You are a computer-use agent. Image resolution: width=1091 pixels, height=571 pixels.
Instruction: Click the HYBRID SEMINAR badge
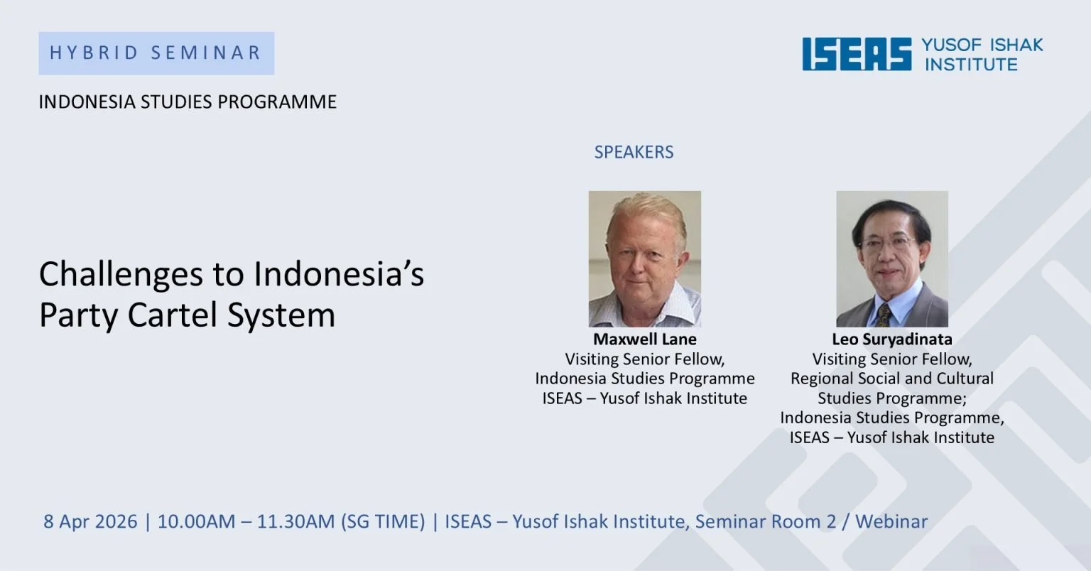156,53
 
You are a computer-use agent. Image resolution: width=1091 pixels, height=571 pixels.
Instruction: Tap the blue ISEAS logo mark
857,54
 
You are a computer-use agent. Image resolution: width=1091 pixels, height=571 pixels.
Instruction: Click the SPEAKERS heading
634,152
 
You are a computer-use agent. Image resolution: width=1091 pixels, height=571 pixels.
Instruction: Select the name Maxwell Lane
645,339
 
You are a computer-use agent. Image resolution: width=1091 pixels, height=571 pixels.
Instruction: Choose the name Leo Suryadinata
892,339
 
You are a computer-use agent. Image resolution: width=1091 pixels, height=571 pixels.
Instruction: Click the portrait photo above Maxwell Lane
645,259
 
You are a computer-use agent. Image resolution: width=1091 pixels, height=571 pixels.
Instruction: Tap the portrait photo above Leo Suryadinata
892,259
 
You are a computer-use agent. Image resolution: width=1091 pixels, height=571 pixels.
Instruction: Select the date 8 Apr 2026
90,521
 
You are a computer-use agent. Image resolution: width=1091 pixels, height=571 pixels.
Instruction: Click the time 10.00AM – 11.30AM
246,521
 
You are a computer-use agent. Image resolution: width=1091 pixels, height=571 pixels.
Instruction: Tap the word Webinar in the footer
891,521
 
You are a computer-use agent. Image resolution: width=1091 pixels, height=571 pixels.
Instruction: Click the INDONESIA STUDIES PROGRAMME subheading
188,102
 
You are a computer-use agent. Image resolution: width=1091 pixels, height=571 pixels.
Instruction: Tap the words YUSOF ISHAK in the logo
982,45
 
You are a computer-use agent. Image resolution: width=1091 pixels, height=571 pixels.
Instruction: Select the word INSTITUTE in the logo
971,65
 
